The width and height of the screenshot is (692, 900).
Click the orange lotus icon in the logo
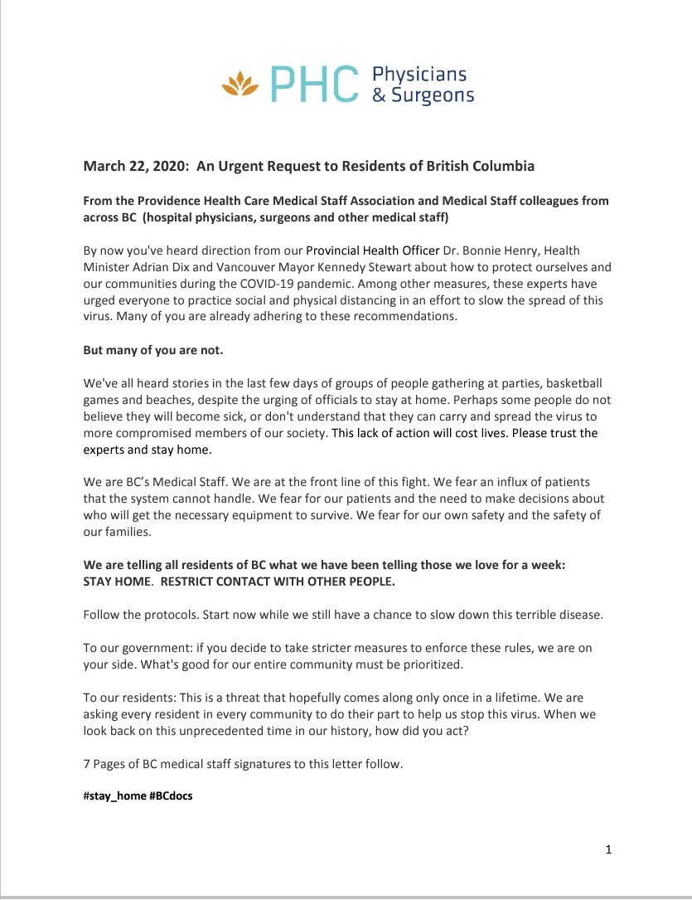pyautogui.click(x=241, y=84)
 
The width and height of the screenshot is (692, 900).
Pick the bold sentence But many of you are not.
pyautogui.click(x=153, y=350)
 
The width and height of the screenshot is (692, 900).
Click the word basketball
pyautogui.click(x=571, y=386)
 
